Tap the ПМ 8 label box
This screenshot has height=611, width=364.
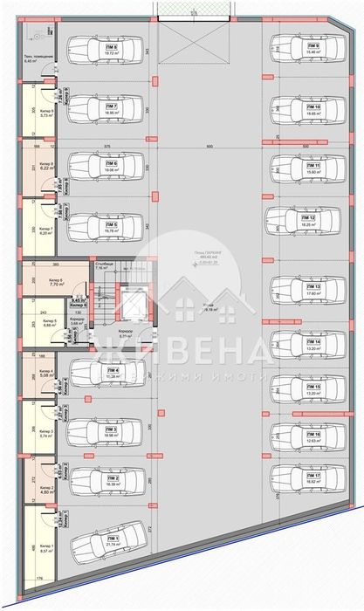coord(111,49)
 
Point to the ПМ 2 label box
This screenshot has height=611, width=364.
coord(111,479)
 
